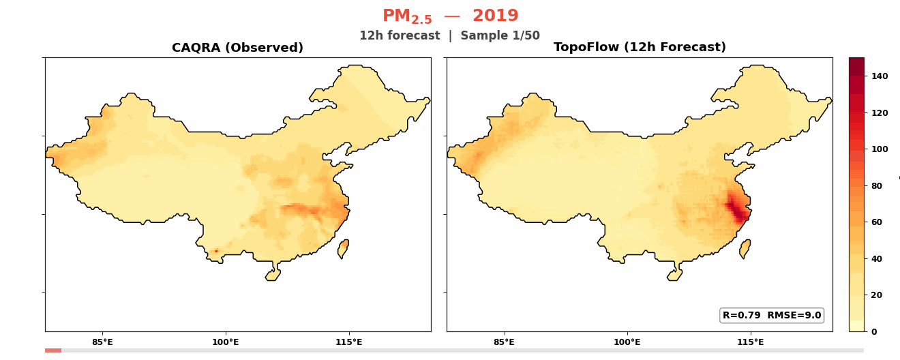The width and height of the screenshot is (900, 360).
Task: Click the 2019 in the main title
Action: coord(495,16)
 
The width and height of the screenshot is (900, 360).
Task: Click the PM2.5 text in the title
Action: coord(407,16)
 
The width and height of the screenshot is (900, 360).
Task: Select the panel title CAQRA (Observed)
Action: coord(237,48)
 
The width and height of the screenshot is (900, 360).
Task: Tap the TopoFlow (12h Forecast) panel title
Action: coord(640,48)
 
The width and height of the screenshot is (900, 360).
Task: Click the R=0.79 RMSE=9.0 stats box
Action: coord(772,315)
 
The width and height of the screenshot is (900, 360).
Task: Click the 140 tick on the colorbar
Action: coord(879,76)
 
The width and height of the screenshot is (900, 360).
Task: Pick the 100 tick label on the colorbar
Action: coord(879,149)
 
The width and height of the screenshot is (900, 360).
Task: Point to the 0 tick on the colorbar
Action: coord(873,331)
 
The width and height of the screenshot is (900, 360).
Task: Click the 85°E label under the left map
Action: coord(102,342)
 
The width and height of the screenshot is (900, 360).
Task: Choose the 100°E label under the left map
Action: coord(225,342)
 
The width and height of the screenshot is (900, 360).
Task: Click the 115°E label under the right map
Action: coord(750,342)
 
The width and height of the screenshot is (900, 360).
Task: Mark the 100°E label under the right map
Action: coord(627,342)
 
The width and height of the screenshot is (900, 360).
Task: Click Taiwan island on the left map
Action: coord(343,249)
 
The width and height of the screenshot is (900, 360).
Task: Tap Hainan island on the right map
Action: coord(674,274)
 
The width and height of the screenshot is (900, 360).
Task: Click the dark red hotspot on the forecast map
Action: coord(736,209)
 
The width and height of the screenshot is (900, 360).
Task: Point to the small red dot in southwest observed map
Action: coord(216,251)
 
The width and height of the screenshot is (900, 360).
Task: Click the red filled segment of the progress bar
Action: coord(53,350)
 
